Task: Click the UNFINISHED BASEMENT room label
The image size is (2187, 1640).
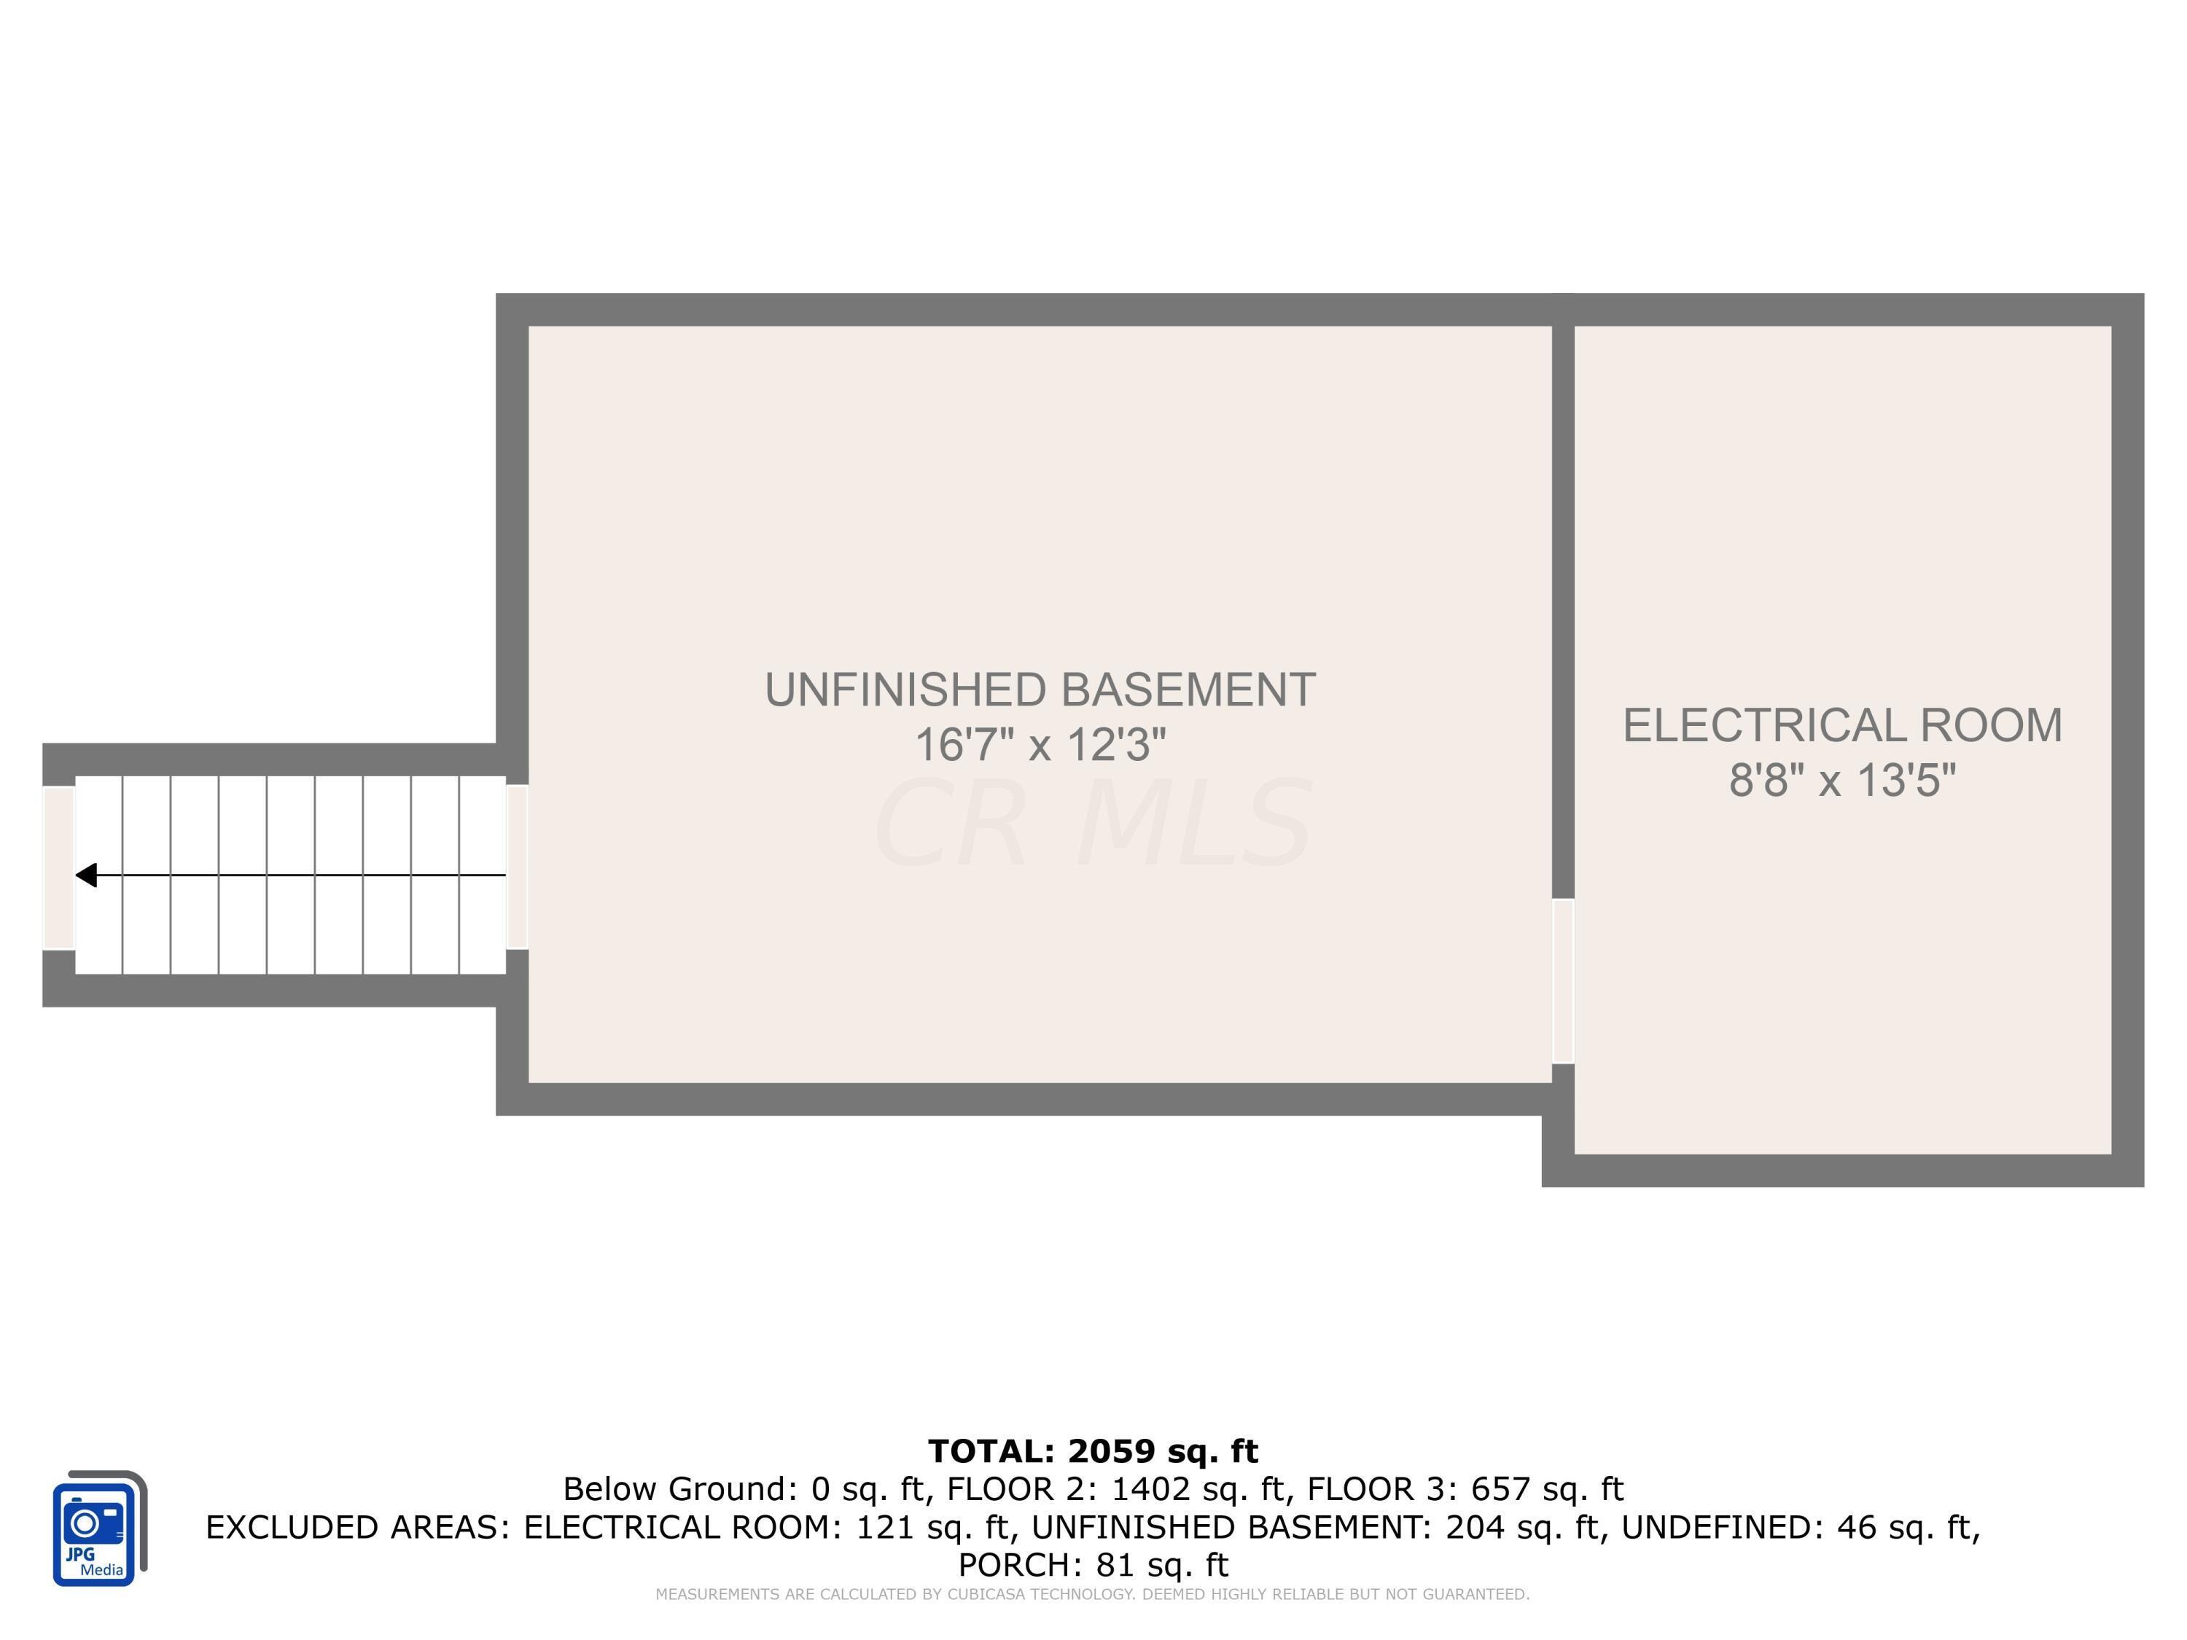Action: [1039, 690]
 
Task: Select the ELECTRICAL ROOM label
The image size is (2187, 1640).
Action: [1842, 725]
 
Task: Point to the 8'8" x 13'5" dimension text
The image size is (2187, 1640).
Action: [1842, 781]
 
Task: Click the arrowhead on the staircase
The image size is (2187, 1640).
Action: [87, 875]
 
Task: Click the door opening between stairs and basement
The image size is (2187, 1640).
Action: [517, 867]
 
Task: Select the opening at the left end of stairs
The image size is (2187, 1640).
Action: [58, 867]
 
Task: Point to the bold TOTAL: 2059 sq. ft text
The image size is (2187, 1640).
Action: [1093, 1451]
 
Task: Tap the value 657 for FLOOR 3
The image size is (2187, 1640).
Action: [1499, 1488]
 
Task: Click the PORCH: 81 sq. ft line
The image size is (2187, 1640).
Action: [1093, 1565]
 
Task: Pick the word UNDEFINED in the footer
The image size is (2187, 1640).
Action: [1723, 1527]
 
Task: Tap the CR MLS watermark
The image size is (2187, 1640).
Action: [1093, 824]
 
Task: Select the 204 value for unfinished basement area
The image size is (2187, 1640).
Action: [1470, 1527]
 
